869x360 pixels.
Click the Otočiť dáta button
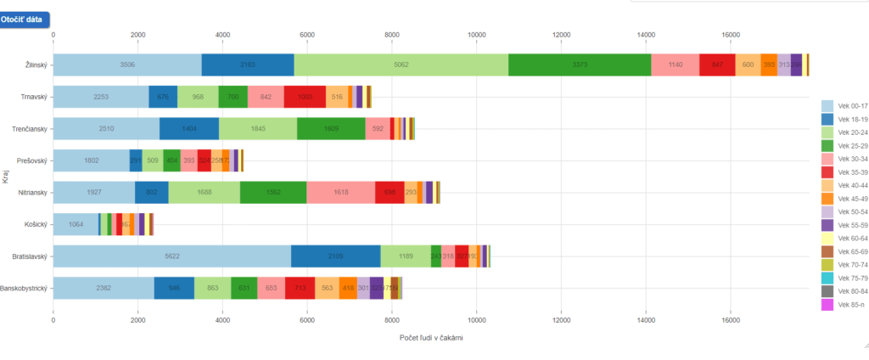(x=25, y=19)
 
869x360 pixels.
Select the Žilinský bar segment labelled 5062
(x=401, y=65)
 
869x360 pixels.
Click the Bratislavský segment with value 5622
(x=171, y=256)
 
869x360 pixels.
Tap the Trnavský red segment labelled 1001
(x=305, y=97)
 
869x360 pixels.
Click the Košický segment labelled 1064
(x=76, y=224)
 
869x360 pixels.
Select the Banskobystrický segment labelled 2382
(x=104, y=288)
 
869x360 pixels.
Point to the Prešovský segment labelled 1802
(x=91, y=160)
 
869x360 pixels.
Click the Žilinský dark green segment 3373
(x=580, y=65)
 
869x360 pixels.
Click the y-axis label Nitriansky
(x=31, y=193)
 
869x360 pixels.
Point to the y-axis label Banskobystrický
(x=24, y=289)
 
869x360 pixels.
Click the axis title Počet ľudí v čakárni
(x=431, y=338)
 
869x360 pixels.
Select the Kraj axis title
(x=5, y=177)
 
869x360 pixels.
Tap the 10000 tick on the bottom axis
(x=477, y=320)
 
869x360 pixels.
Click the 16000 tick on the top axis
(x=730, y=35)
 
